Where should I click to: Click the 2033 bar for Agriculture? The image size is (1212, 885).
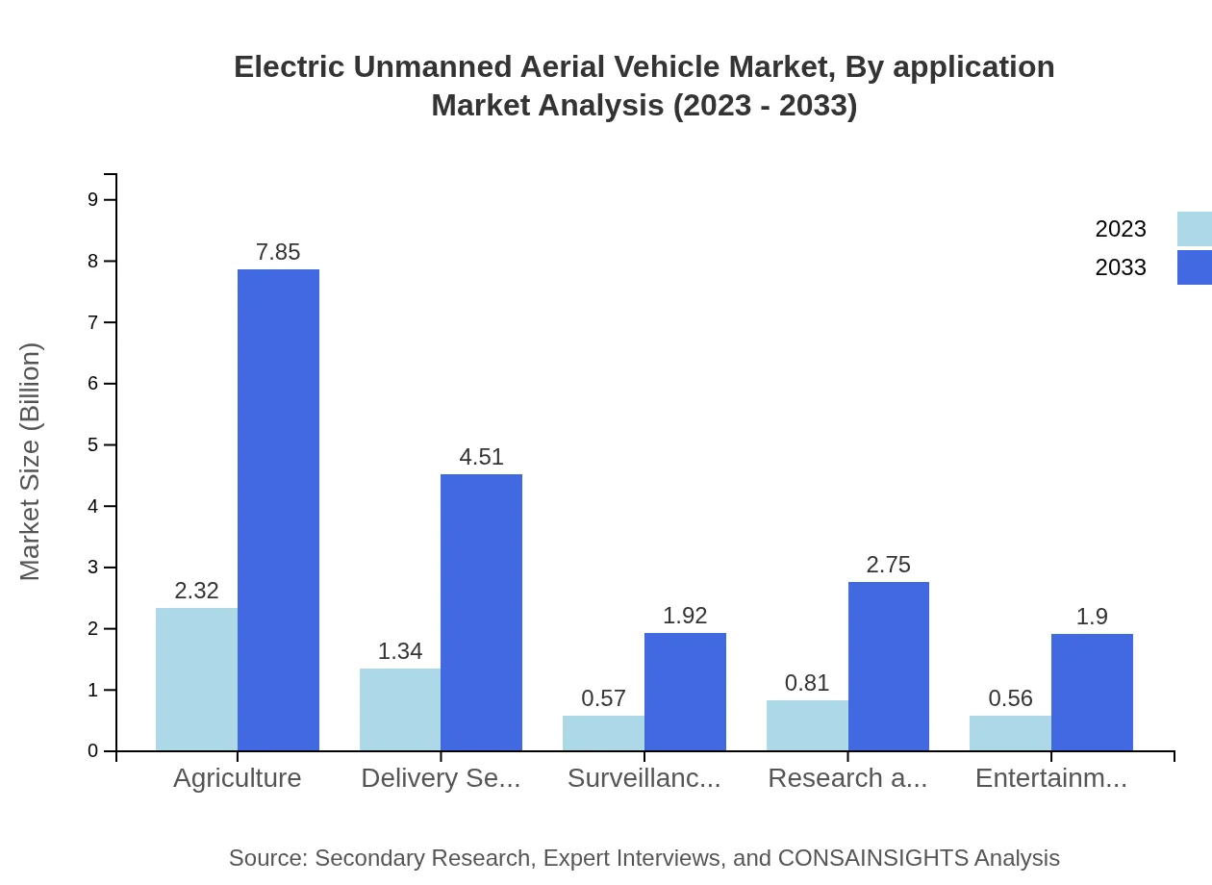(278, 510)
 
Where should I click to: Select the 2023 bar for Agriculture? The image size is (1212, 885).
(196, 679)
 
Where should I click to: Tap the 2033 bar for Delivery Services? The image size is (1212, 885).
(481, 612)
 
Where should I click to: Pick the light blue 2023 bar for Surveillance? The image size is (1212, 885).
(603, 733)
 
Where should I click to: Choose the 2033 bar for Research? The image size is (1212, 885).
(889, 666)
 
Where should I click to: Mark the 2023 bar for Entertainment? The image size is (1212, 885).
(1010, 733)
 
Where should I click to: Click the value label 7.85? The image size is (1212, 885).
(278, 252)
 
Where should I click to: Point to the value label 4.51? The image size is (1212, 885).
(481, 457)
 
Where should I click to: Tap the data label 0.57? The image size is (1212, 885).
(603, 698)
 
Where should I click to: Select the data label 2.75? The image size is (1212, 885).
(888, 565)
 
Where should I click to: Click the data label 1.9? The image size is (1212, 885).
(1092, 617)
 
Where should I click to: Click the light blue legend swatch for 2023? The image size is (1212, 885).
(1194, 229)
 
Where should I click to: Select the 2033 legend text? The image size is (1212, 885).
(1121, 267)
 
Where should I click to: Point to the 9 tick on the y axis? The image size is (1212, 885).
(93, 199)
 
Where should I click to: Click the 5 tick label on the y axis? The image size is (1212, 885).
(93, 444)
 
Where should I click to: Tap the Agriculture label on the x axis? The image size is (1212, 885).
(237, 778)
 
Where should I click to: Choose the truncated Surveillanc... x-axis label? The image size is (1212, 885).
(644, 778)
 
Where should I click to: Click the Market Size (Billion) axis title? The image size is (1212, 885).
(31, 462)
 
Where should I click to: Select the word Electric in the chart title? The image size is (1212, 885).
(289, 67)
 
